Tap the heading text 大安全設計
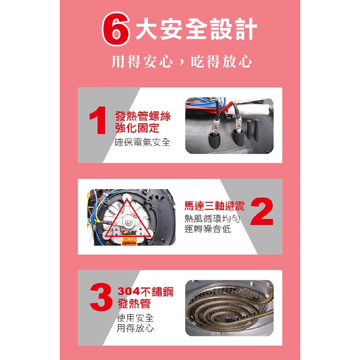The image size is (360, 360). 196,29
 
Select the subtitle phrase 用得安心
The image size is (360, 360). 142,62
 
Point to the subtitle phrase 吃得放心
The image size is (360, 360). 221,62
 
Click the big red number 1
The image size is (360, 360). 98,120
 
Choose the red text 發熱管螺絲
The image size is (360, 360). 143,116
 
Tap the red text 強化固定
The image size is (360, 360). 137,128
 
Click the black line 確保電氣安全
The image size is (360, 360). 142,142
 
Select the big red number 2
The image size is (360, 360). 262,211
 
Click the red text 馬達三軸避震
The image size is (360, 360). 214,206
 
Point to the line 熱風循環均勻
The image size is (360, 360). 212,219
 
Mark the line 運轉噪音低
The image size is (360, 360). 207,229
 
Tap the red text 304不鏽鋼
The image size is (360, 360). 145,291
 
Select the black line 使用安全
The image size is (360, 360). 135,318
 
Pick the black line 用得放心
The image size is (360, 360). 135,328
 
